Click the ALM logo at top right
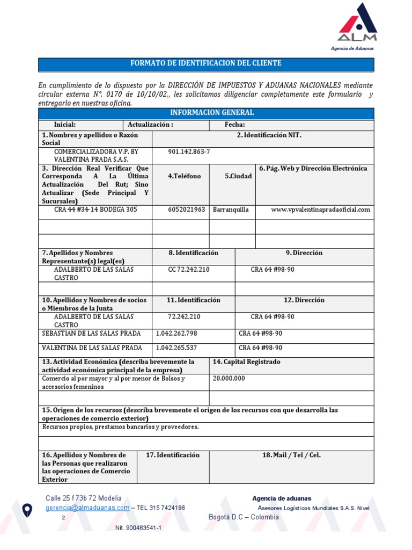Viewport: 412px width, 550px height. [357, 24]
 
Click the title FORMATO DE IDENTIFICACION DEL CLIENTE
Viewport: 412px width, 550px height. [206, 63]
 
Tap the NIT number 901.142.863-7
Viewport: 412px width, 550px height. [189, 152]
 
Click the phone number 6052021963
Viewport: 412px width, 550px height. [186, 209]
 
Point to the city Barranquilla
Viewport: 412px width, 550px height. [231, 209]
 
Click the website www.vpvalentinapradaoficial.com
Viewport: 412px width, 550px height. [320, 209]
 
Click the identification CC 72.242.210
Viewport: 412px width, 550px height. [188, 269]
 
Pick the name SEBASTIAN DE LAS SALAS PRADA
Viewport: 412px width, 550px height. [92, 334]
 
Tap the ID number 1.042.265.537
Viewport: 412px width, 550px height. [176, 348]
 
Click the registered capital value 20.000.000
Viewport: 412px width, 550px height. [229, 379]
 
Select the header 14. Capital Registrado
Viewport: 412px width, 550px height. [246, 362]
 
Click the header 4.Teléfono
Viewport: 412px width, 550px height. [184, 176]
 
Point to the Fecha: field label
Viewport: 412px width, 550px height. [235, 125]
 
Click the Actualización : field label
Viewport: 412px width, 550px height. [150, 125]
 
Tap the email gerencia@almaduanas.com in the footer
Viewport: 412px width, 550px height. [87, 508]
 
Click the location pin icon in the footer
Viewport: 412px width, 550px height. [26, 509]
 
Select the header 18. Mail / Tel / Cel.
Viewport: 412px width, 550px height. [291, 455]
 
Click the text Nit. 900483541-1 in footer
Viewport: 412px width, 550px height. [138, 528]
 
